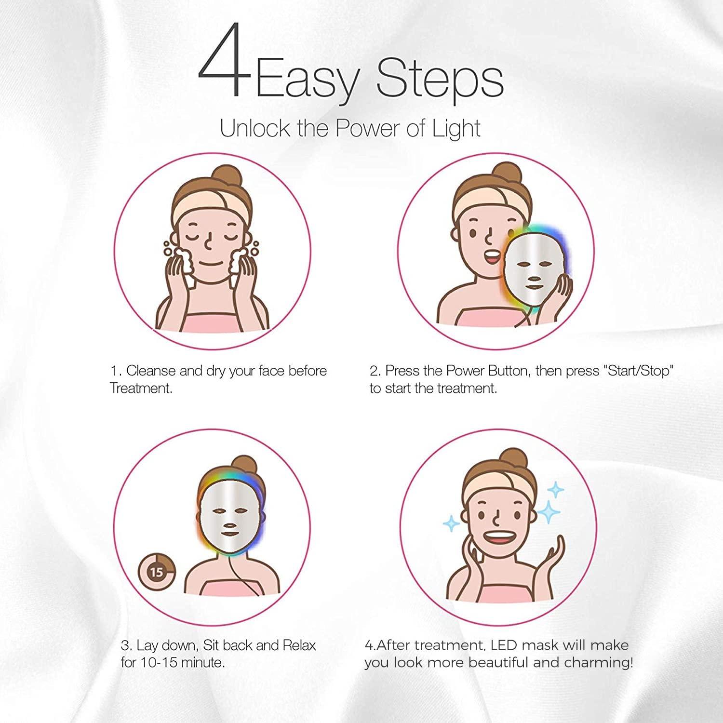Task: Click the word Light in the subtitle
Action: pos(456,129)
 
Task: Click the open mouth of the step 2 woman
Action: pos(492,257)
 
